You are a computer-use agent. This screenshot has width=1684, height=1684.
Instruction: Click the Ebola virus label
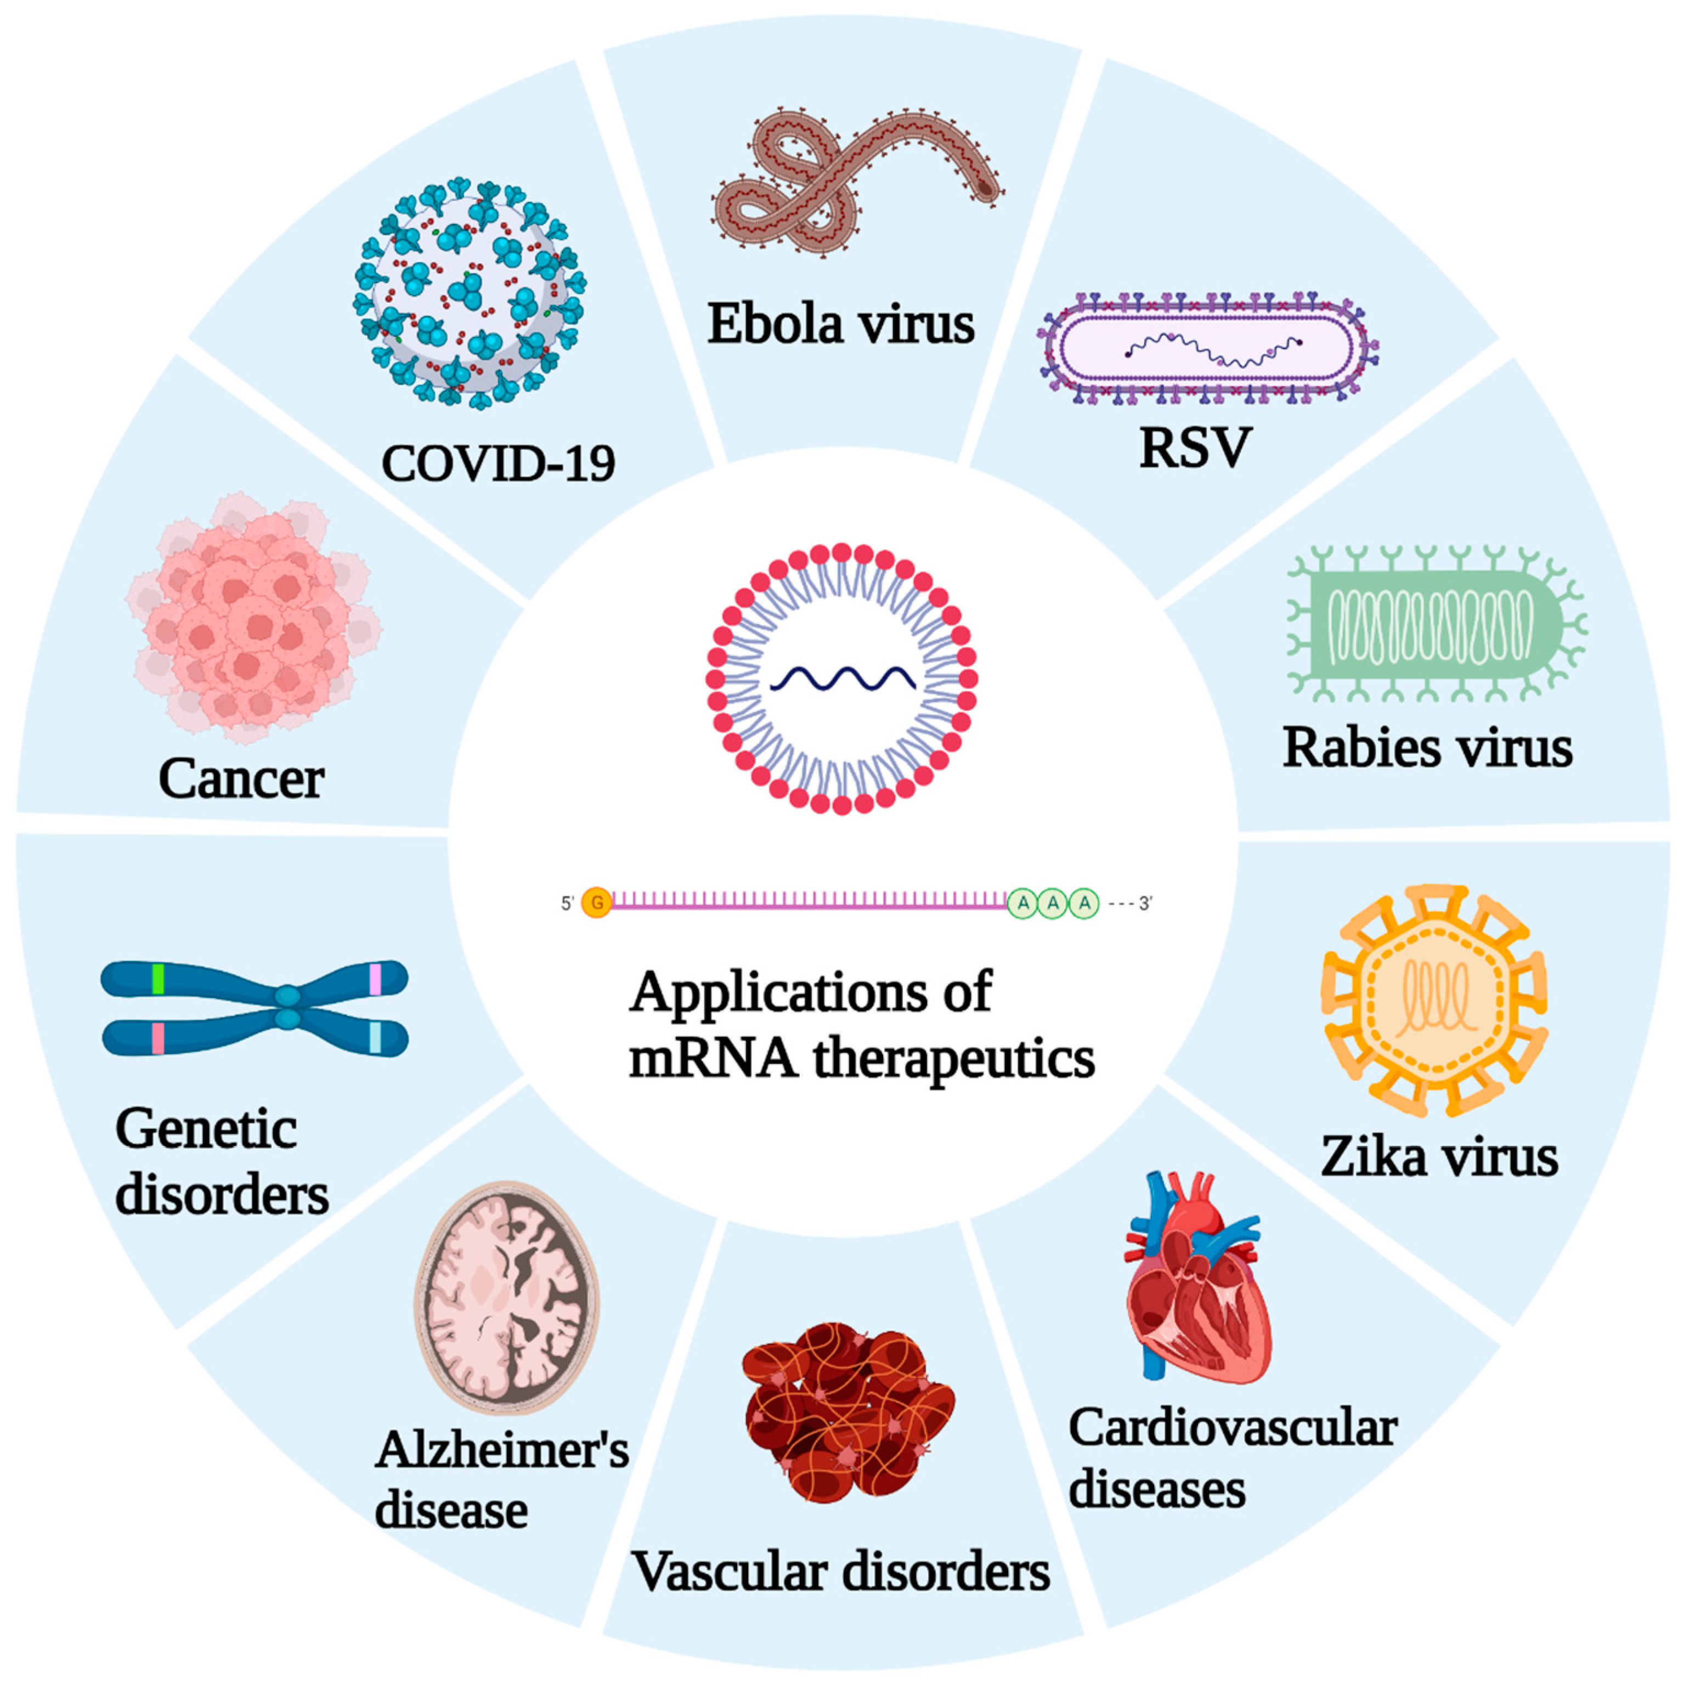tap(840, 324)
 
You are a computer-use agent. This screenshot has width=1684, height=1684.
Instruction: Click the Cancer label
tap(241, 778)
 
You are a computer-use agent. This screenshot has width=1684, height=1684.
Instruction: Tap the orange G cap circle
tap(597, 903)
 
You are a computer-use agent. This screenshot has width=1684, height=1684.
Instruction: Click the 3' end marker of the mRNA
tap(1144, 904)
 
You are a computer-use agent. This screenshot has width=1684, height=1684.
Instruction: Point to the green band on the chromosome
tap(158, 978)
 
